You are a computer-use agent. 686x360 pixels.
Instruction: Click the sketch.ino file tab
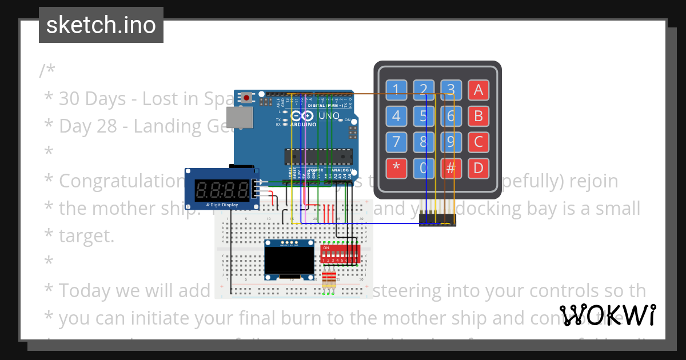101,25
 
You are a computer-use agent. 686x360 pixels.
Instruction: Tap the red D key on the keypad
478,168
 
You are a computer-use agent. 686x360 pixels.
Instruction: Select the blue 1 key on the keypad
396,89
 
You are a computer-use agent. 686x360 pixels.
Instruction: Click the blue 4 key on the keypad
396,116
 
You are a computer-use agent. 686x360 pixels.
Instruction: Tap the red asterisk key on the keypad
396,168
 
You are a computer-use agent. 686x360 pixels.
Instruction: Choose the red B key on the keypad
478,116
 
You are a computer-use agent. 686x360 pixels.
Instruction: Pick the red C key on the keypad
478,142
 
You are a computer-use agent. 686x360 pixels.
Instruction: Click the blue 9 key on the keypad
451,142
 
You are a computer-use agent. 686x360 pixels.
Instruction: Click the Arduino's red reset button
246,98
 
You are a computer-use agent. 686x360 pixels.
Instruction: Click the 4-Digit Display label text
221,203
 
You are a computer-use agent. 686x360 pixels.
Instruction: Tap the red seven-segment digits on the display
221,189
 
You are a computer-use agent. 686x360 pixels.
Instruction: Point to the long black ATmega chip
318,156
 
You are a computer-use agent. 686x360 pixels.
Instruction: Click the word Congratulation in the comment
120,181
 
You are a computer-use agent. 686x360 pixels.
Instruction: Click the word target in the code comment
86,235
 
